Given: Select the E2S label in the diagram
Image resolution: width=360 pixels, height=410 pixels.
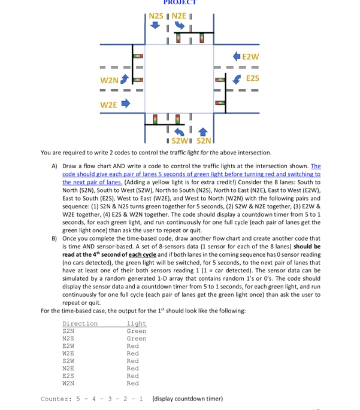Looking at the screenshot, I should (253, 78).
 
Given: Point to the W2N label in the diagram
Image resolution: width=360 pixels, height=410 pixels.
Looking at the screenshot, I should (109, 80).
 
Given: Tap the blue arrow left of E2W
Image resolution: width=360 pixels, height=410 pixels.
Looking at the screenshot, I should (235, 57).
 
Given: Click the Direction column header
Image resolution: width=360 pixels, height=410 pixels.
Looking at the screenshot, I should (80, 323).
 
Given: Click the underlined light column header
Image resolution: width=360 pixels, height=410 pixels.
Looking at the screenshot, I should (136, 323).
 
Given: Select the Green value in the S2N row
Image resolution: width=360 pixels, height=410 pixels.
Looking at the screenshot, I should (136, 331).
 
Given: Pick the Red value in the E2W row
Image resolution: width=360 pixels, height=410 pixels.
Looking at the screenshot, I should (133, 346).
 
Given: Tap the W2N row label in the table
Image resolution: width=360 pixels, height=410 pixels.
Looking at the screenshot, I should (68, 383).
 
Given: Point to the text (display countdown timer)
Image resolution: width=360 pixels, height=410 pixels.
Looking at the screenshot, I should (187, 399).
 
